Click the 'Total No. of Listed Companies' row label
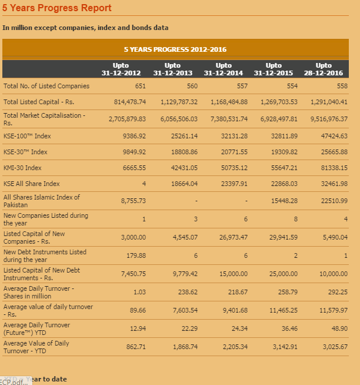(x=46, y=86)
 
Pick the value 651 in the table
(x=140, y=86)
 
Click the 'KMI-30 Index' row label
(x=22, y=168)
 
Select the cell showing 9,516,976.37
(x=328, y=118)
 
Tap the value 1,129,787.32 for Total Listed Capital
(x=178, y=102)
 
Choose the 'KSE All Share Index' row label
(x=32, y=184)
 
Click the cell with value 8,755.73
(x=133, y=201)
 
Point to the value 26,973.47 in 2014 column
(x=233, y=237)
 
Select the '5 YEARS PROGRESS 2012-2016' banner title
(x=175, y=49)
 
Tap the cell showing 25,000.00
(x=283, y=274)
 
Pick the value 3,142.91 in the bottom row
(x=284, y=347)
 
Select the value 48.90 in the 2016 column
(x=336, y=328)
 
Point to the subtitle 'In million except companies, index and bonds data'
(x=85, y=28)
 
